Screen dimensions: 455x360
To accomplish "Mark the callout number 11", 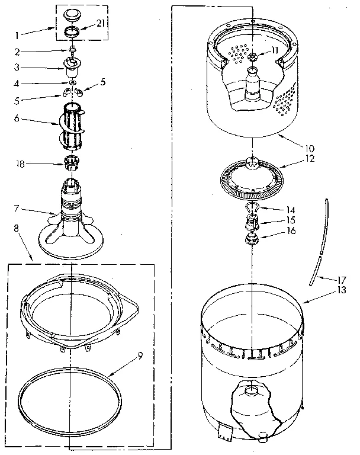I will coord(274,50).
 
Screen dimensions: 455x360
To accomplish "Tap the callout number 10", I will coord(309,148).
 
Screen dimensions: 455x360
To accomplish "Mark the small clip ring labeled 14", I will coord(252,207).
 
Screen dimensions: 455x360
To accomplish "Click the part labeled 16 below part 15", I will coord(252,240).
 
